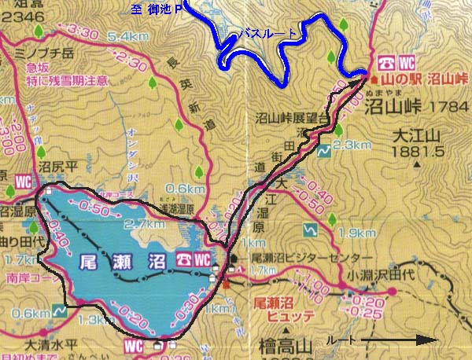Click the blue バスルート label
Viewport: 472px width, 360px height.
(x=268, y=33)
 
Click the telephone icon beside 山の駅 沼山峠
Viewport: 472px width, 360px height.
(x=385, y=62)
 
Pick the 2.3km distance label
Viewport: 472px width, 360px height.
(x=351, y=145)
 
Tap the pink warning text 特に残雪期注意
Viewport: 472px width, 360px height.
(x=53, y=81)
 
